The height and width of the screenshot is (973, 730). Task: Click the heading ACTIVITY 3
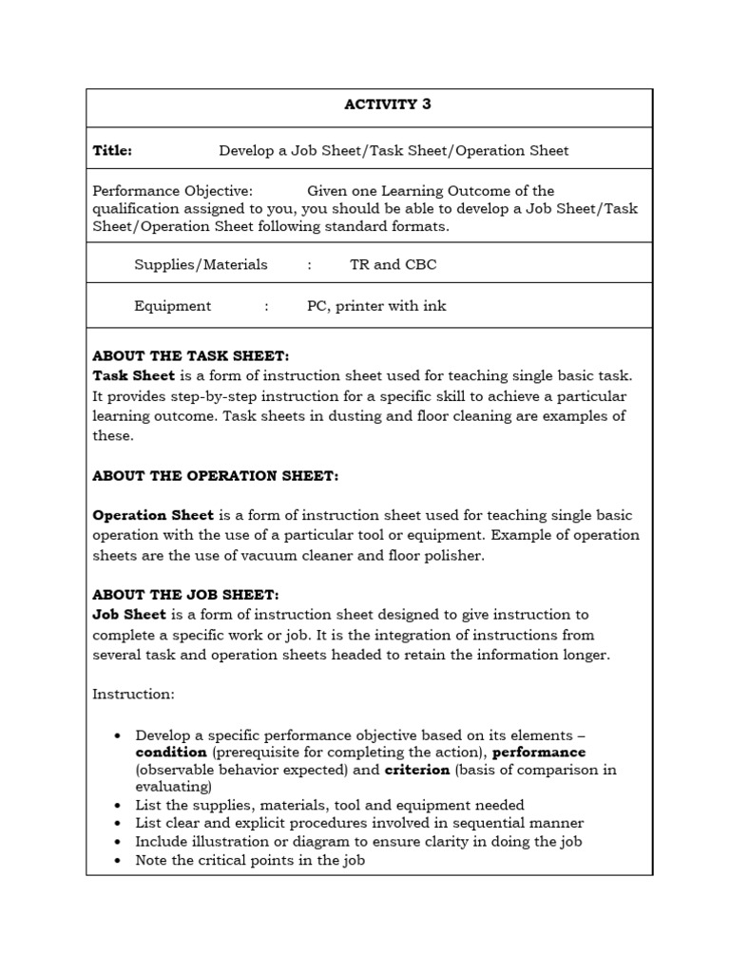(387, 105)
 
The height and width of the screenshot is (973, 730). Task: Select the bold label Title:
(112, 150)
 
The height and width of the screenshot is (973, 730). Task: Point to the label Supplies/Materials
(201, 265)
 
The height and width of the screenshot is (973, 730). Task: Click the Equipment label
(173, 306)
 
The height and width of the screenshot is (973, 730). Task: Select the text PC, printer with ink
(375, 306)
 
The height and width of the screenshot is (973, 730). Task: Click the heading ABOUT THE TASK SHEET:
(190, 356)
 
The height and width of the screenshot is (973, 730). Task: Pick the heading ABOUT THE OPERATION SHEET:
(215, 475)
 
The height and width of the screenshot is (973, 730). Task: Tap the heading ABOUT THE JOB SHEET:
(185, 595)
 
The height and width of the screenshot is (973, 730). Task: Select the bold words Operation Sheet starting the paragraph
(153, 515)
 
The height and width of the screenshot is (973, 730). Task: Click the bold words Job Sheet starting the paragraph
(129, 615)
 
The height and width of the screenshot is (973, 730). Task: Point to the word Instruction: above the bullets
(133, 695)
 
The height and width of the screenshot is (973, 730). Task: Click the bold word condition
(171, 753)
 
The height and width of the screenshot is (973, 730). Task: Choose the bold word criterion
(416, 770)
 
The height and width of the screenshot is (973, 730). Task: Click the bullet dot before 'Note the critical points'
(117, 861)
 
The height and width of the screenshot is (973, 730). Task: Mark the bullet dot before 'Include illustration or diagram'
(117, 842)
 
